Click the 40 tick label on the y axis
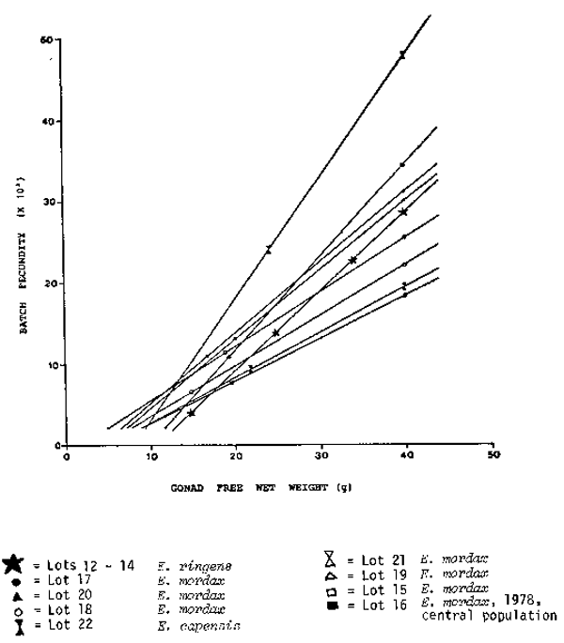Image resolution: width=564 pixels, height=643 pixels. click(x=45, y=122)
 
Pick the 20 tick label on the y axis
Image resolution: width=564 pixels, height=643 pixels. click(x=45, y=283)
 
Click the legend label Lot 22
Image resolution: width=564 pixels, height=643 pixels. click(x=55, y=623)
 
